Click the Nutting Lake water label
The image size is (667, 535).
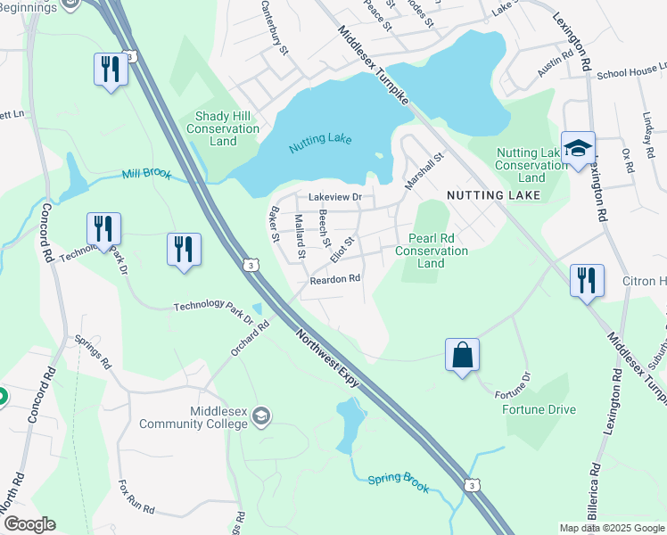[320, 140]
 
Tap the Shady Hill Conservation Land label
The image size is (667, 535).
[223, 128]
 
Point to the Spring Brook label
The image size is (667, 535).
[399, 483]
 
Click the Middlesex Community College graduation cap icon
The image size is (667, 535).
[261, 416]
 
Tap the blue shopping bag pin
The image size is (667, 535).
[463, 356]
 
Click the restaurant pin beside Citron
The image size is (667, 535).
[587, 281]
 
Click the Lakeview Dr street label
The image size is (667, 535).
[335, 197]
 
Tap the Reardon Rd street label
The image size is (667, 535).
[334, 279]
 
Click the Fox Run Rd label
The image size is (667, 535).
[136, 498]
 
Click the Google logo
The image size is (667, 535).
[29, 524]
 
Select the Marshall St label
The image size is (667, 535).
[424, 169]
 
